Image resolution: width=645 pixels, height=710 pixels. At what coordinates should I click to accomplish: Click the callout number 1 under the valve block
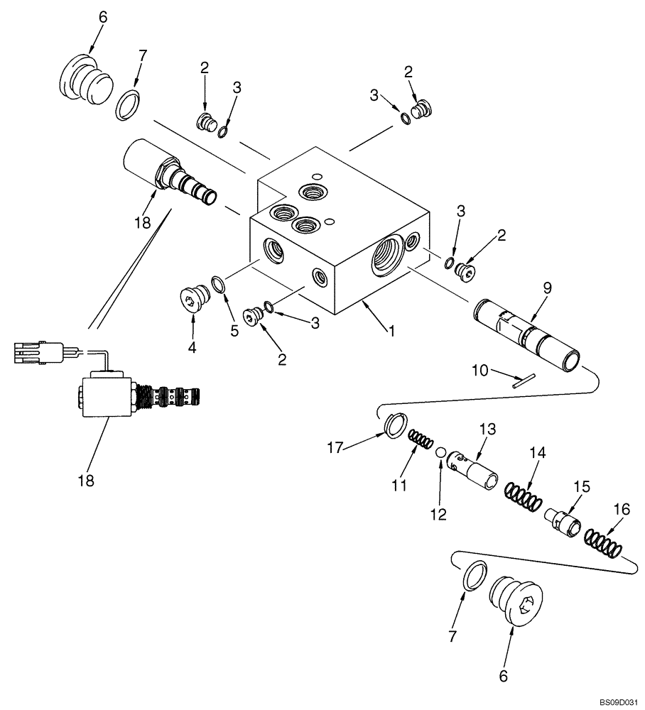[x=389, y=330]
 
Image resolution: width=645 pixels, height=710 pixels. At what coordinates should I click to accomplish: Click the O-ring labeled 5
[x=220, y=285]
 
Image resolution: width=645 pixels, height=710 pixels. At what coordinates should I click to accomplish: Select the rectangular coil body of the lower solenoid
[x=107, y=398]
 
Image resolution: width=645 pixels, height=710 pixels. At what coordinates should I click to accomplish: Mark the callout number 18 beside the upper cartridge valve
[x=142, y=222]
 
